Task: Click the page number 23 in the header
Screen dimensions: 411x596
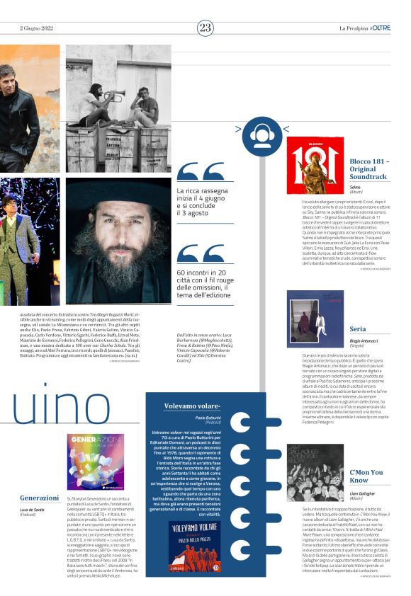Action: pyautogui.click(x=205, y=28)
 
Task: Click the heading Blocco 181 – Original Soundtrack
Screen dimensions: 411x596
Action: pyautogui.click(x=368, y=169)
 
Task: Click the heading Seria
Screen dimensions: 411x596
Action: pyautogui.click(x=358, y=329)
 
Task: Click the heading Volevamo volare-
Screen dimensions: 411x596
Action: pyautogui.click(x=191, y=406)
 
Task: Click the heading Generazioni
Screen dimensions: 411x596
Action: pyautogui.click(x=40, y=498)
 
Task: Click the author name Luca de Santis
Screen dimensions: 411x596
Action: pyautogui.click(x=33, y=509)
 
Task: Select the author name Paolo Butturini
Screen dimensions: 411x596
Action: pyautogui.click(x=209, y=418)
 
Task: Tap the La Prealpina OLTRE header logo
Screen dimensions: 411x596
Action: pyautogui.click(x=364, y=28)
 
